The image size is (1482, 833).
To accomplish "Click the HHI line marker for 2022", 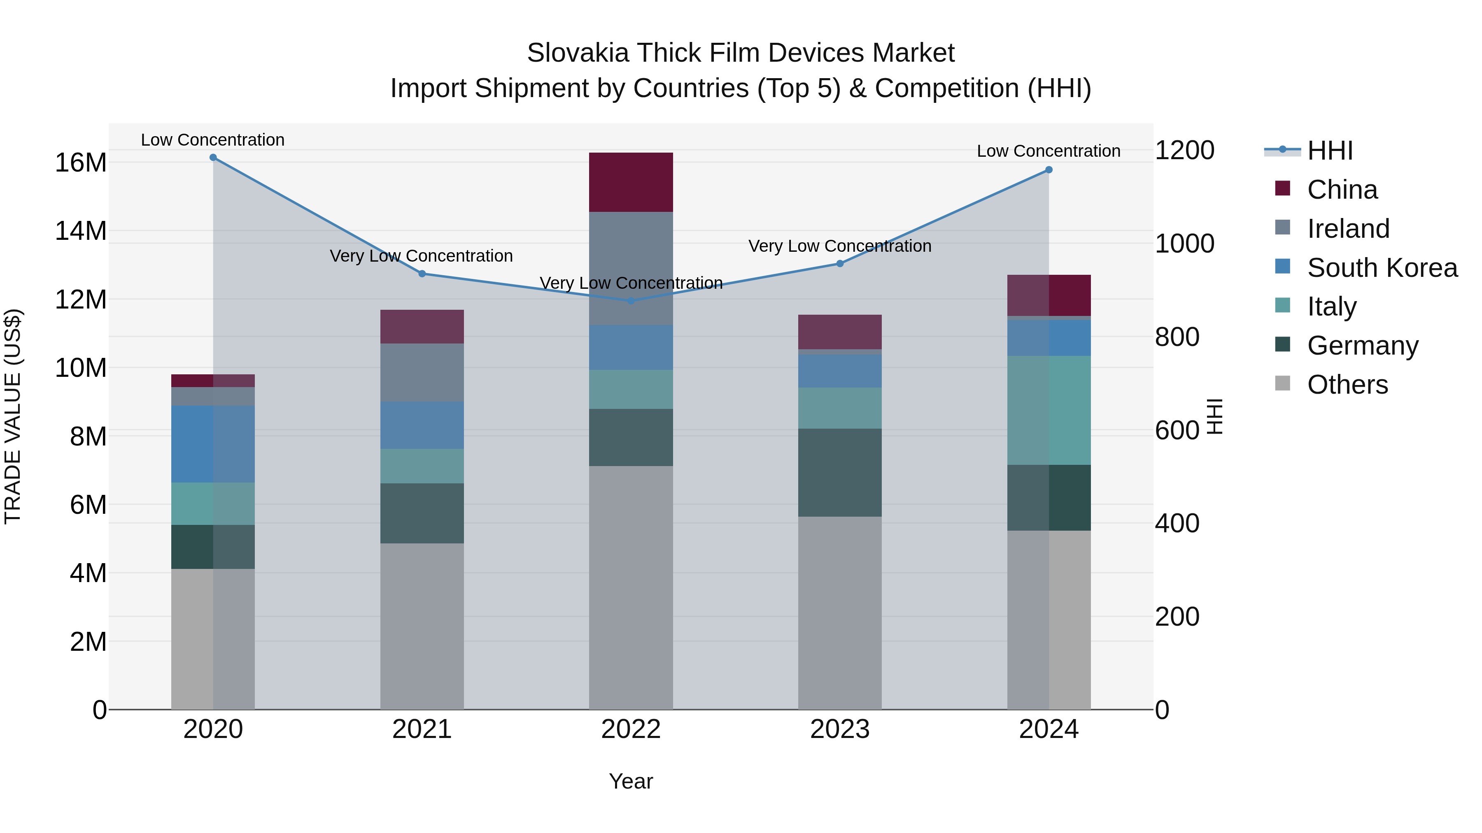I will point(631,301).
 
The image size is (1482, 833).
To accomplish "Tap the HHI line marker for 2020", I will point(213,158).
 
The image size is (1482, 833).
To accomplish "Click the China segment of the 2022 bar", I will point(631,182).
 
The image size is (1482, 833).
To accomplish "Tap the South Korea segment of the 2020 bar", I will point(213,444).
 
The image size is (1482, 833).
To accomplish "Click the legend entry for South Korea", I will point(1382,268).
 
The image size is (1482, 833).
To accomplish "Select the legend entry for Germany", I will point(1362,346).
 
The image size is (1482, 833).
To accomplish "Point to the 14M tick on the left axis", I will point(81,231).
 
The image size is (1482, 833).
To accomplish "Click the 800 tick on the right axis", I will point(1177,337).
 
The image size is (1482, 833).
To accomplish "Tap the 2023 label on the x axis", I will point(839,729).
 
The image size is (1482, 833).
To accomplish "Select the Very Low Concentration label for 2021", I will point(421,256).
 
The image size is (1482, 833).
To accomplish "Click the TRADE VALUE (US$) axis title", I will point(13,416).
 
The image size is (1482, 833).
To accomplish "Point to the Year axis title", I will point(631,781).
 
